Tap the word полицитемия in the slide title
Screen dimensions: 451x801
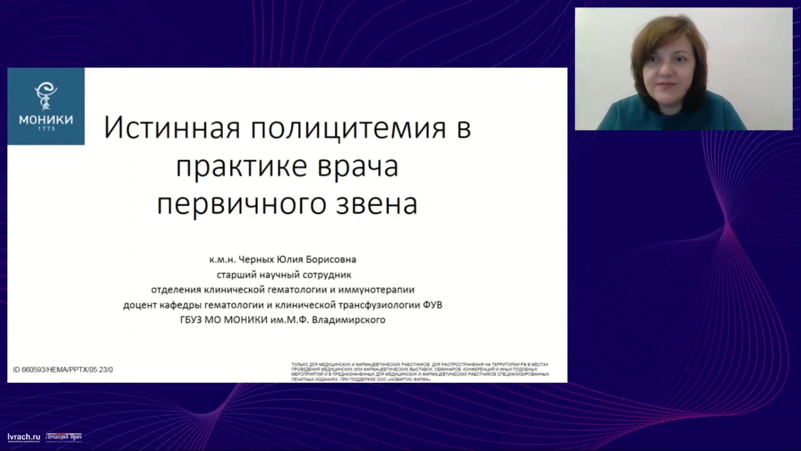(348, 128)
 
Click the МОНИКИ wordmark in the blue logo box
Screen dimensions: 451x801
(46, 120)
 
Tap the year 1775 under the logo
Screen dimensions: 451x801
(46, 129)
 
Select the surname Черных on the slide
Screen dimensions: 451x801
(257, 260)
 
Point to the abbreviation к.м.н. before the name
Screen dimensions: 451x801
(222, 260)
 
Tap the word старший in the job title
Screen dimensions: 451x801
(237, 275)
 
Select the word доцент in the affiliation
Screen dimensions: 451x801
(140, 305)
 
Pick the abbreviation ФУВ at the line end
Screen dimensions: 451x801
(432, 305)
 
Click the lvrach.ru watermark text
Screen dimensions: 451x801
(24, 437)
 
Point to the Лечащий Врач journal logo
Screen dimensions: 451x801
(63, 437)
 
